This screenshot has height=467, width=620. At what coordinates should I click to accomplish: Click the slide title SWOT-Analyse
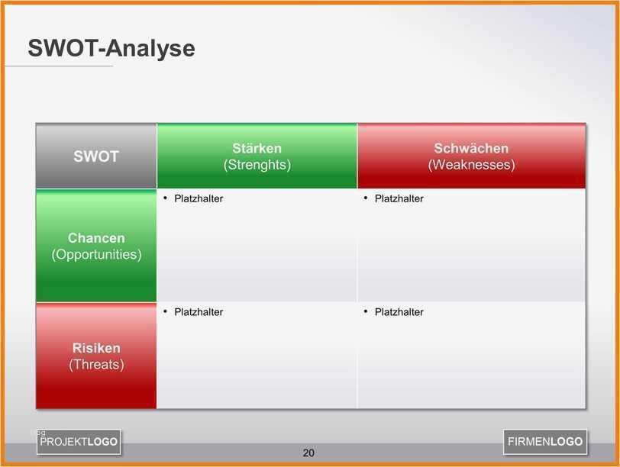[111, 48]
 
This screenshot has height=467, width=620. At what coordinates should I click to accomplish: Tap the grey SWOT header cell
[96, 156]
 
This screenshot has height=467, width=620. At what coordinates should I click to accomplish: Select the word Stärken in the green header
[257, 148]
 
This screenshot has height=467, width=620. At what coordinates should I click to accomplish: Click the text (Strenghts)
[257, 165]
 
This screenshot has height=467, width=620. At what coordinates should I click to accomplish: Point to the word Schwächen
[471, 148]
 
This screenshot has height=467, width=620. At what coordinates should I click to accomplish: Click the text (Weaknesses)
[471, 165]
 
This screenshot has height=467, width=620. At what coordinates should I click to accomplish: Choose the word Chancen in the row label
[96, 238]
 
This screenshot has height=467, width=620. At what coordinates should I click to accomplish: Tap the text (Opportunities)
[96, 254]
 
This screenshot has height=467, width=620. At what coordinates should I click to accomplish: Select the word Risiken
[96, 348]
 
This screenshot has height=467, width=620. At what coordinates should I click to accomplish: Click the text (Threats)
[96, 364]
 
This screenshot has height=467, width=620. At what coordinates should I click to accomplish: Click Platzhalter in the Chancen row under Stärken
[199, 198]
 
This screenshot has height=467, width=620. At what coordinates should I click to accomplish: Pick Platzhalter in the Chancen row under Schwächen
[399, 198]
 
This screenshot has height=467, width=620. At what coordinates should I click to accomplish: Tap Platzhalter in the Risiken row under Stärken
[199, 312]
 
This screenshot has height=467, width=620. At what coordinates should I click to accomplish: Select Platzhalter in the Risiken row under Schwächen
[399, 312]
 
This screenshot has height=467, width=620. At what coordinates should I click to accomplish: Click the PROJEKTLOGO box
[79, 442]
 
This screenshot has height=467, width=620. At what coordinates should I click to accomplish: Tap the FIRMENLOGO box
[545, 442]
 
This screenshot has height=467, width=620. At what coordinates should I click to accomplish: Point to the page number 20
[308, 453]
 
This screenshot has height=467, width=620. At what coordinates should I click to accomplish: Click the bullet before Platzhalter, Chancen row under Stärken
[165, 198]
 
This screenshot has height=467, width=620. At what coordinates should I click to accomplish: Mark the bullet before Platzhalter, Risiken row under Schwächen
[366, 311]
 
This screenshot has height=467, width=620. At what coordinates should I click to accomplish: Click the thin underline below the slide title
[60, 66]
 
